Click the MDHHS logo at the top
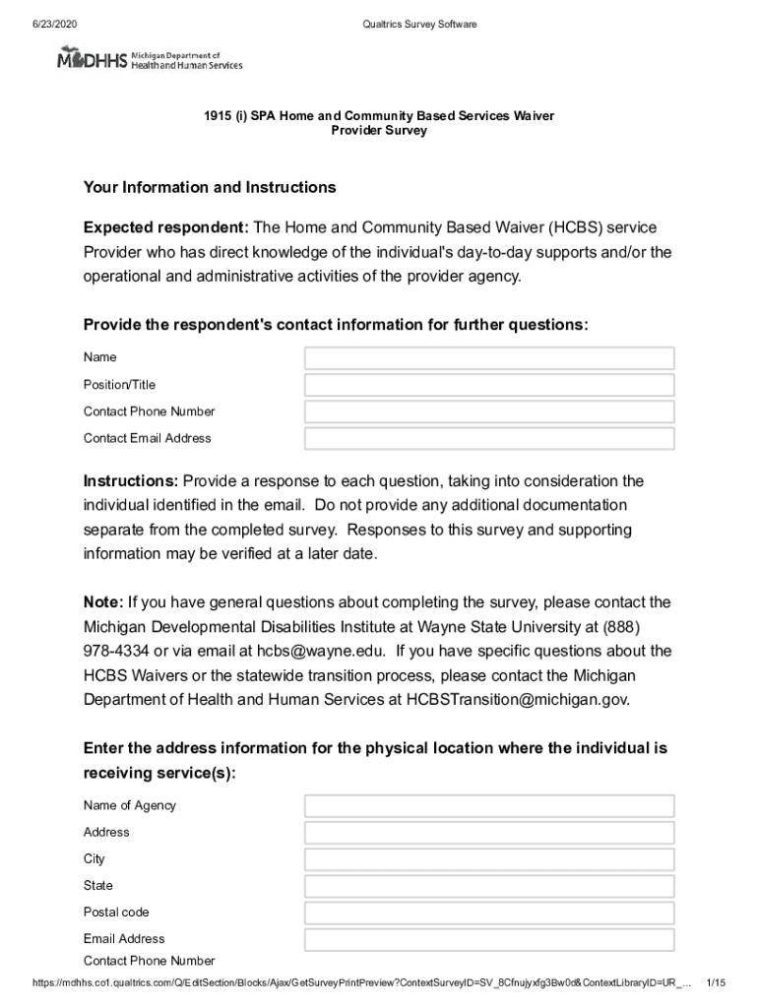(x=149, y=59)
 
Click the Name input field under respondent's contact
(x=489, y=358)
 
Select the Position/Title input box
(x=489, y=385)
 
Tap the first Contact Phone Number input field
(x=489, y=411)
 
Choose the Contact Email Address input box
(x=489, y=438)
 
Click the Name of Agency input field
(x=489, y=806)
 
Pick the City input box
(x=489, y=859)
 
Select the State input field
(x=489, y=886)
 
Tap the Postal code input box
(x=489, y=913)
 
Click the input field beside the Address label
(x=489, y=833)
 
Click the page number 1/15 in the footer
(x=716, y=983)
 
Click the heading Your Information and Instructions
(x=210, y=187)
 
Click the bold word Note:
(x=103, y=602)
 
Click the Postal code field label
(x=116, y=913)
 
